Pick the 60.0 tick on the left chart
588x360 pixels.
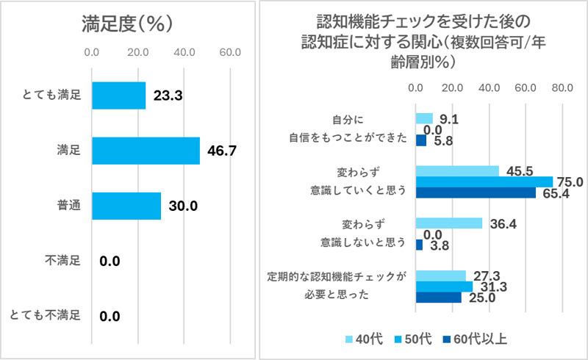230,53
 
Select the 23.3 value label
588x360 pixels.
168,96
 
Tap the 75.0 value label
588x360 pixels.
570,182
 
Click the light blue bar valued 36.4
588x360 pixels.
449,223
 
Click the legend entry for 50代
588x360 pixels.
417,339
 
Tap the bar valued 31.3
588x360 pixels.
444,287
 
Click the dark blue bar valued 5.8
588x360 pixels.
421,140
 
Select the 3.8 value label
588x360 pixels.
439,245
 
